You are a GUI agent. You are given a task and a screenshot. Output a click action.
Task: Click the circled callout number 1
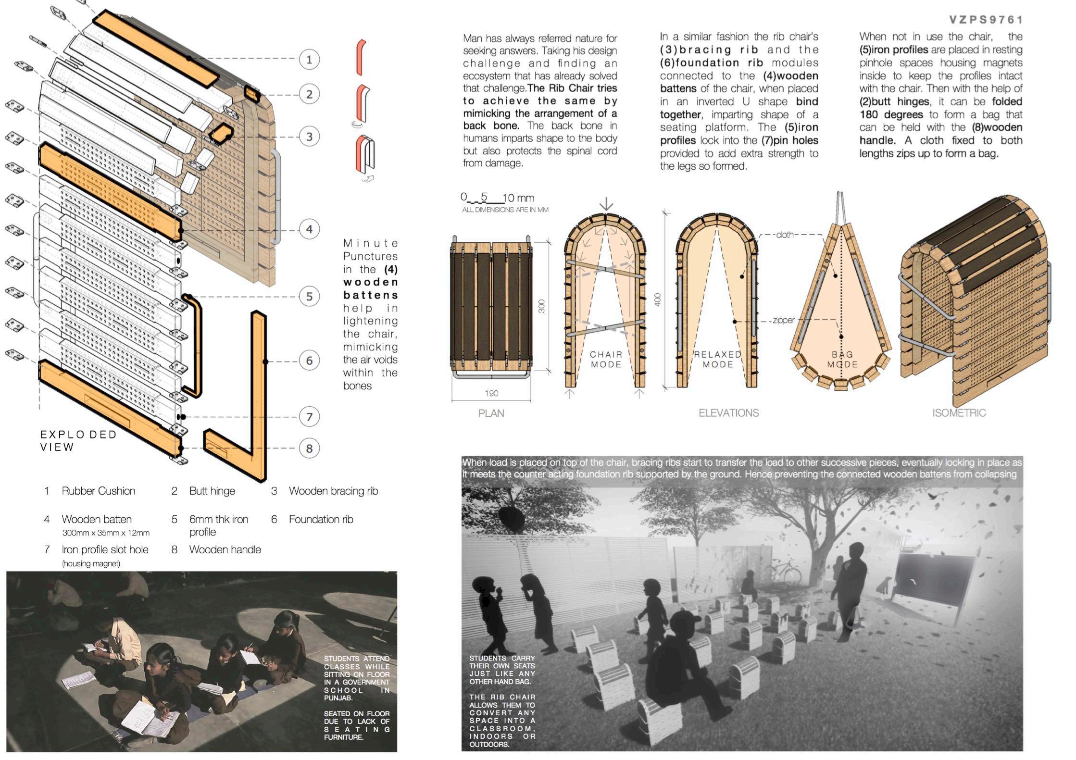[309, 60]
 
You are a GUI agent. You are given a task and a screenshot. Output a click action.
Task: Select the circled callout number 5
[309, 296]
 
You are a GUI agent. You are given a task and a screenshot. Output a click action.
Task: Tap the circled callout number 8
[309, 449]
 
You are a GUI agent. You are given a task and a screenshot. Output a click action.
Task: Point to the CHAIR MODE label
[606, 360]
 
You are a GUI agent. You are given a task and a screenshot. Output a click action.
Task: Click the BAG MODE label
[842, 360]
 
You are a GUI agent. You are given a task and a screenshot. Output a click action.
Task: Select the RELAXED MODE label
[717, 360]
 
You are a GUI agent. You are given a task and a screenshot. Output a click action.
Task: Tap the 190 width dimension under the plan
[491, 394]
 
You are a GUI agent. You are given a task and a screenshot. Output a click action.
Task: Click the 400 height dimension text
[658, 299]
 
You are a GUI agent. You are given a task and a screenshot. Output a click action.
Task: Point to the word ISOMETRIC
[959, 413]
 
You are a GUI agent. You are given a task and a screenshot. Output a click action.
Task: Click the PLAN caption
[491, 413]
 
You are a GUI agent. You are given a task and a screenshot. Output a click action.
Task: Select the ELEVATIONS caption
[728, 413]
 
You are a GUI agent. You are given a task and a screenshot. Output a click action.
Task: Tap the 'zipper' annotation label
[783, 320]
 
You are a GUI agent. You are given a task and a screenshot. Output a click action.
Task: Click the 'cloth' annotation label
[785, 235]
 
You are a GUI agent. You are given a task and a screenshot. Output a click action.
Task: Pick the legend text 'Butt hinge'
[212, 491]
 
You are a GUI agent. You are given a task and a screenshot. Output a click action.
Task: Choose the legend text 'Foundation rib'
[321, 519]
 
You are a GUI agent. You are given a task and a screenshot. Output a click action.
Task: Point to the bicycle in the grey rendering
[782, 573]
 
